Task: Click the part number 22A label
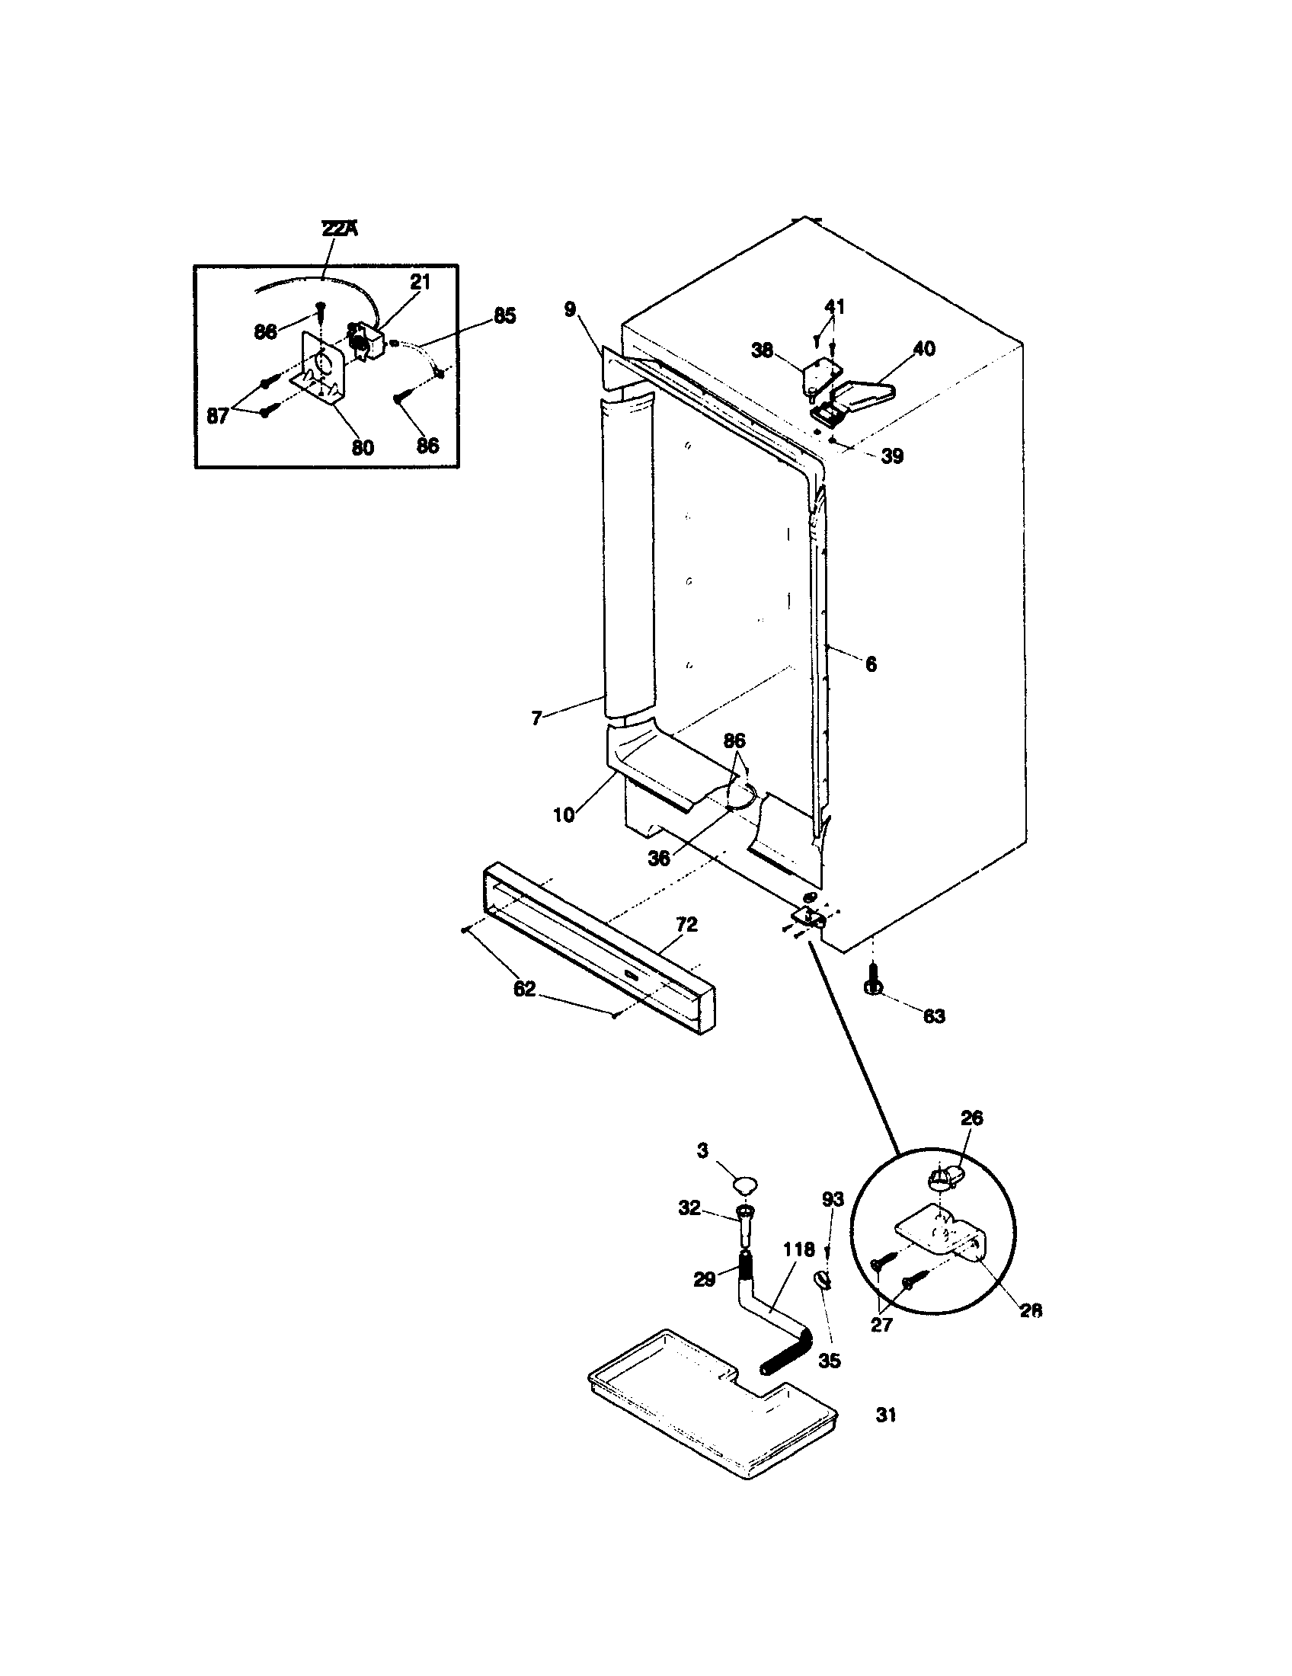click(x=337, y=229)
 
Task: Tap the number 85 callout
click(x=504, y=315)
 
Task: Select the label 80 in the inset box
click(x=362, y=446)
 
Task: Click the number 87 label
click(x=219, y=417)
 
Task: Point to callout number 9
click(x=568, y=309)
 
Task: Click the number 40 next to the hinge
click(x=924, y=348)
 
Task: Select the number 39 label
click(x=891, y=456)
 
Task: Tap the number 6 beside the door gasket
click(x=871, y=664)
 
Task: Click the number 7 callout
click(x=536, y=718)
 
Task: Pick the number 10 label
click(x=564, y=815)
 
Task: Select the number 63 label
click(x=933, y=1016)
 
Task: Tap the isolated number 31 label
click(x=886, y=1415)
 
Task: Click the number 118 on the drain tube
click(x=798, y=1250)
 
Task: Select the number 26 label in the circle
click(x=971, y=1118)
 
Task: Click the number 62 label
click(x=524, y=989)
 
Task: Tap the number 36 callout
click(x=659, y=858)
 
